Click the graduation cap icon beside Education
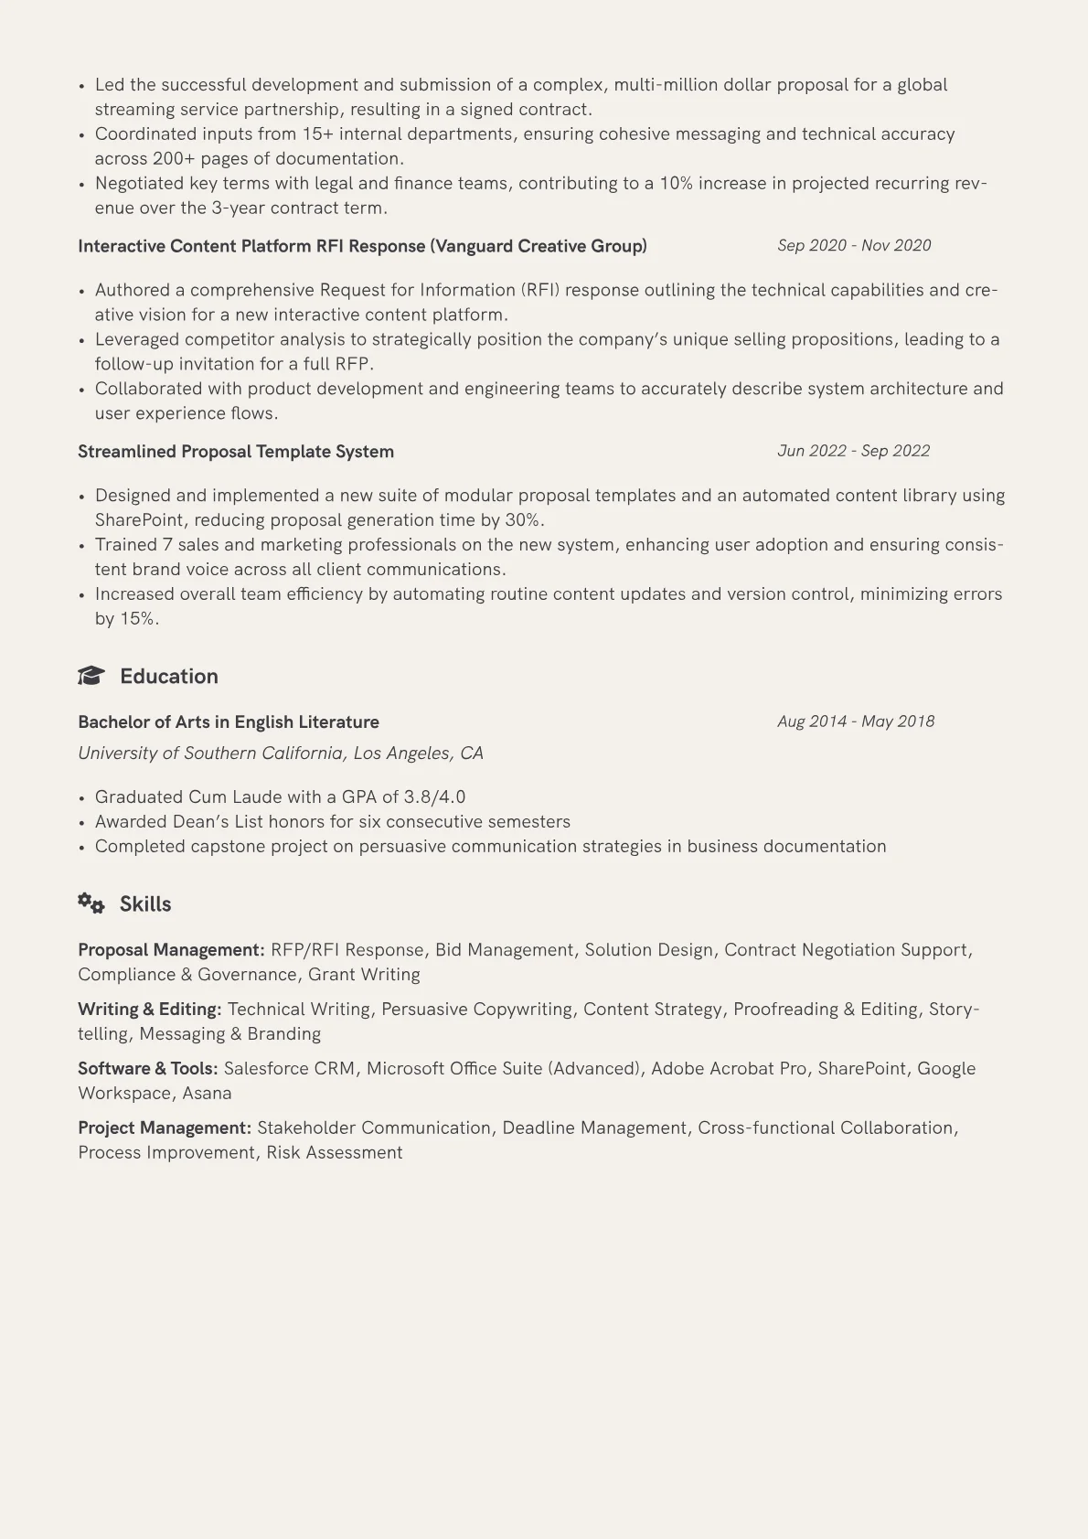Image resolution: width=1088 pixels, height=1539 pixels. pyautogui.click(x=91, y=676)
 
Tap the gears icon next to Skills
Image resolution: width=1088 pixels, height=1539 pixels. pyautogui.click(x=91, y=903)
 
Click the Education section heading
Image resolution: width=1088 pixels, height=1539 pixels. pyautogui.click(x=169, y=677)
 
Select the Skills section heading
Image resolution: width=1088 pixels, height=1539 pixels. pyautogui.click(x=145, y=904)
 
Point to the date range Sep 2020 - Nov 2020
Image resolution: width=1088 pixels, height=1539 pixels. pyautogui.click(x=854, y=245)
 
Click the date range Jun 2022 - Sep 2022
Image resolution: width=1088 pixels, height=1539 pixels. pyautogui.click(x=853, y=451)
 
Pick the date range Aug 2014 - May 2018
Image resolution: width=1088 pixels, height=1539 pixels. pyautogui.click(x=856, y=721)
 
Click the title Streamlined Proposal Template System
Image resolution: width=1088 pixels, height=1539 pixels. pyautogui.click(x=236, y=452)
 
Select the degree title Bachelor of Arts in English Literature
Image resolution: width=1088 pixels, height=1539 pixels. pyautogui.click(x=229, y=722)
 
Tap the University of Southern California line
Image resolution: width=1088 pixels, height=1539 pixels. pyautogui.click(x=281, y=753)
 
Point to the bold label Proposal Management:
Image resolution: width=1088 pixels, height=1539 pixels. pyautogui.click(x=171, y=950)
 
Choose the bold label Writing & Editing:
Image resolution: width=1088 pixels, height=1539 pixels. pyautogui.click(x=150, y=1010)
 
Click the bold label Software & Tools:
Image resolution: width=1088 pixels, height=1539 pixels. pyautogui.click(x=148, y=1069)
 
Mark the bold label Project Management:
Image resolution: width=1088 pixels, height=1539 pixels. pyautogui.click(x=165, y=1128)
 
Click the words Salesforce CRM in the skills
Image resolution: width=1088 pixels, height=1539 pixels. pyautogui.click(x=289, y=1069)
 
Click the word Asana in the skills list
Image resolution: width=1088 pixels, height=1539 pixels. pyautogui.click(x=207, y=1094)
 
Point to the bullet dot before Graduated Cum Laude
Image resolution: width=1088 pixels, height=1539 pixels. pyautogui.click(x=82, y=798)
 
